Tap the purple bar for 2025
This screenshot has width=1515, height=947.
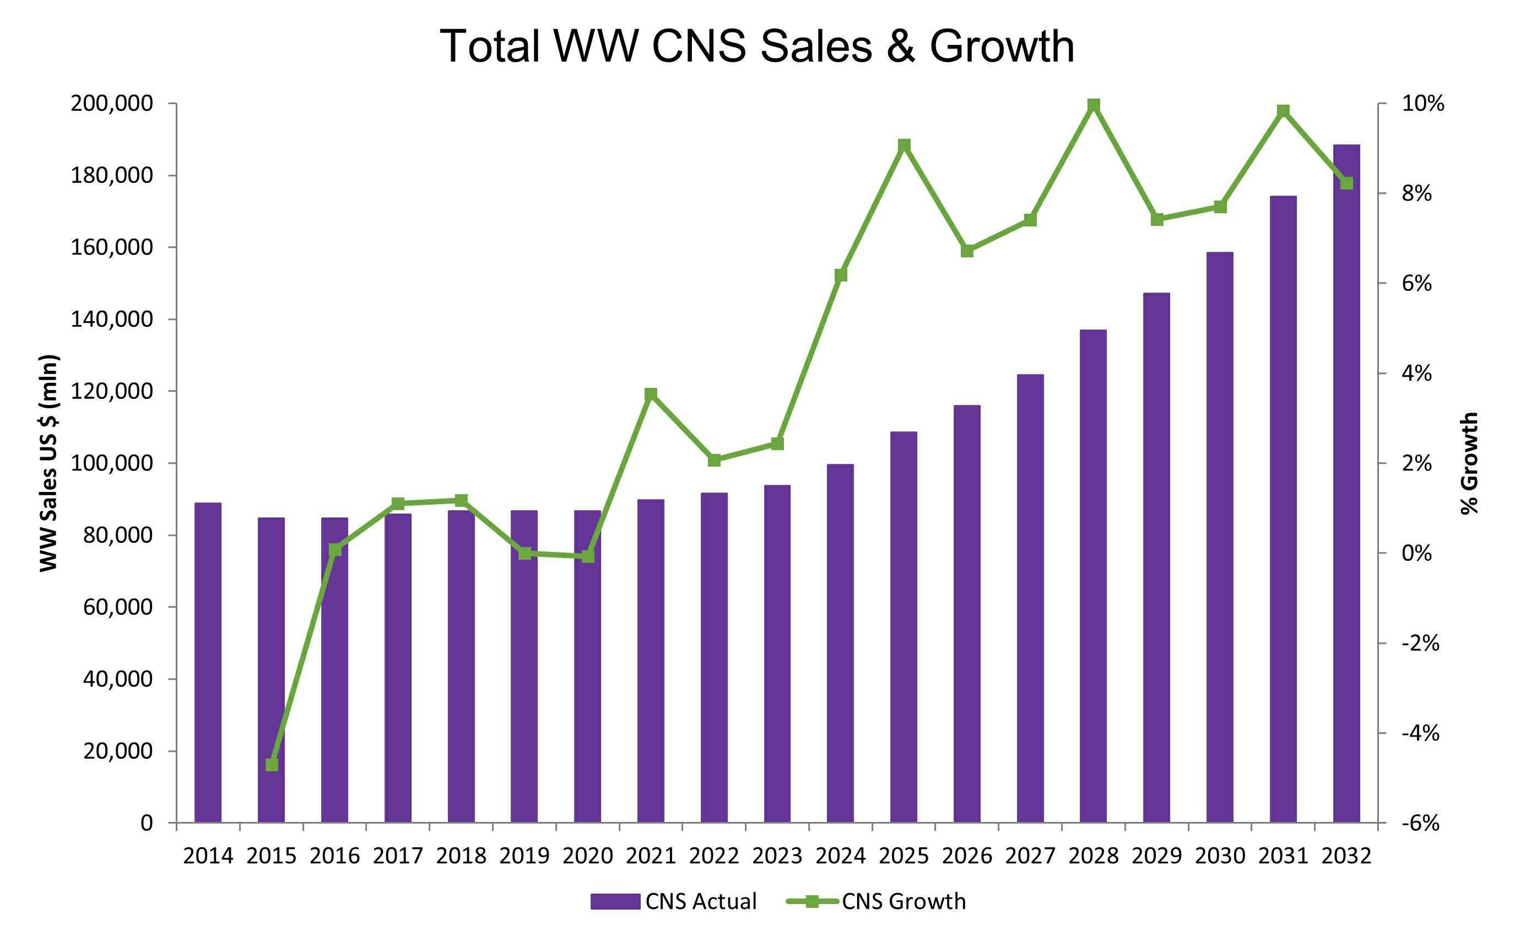click(x=903, y=626)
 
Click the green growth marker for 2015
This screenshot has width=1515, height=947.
click(x=272, y=765)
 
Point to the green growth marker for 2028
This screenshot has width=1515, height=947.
click(x=1094, y=105)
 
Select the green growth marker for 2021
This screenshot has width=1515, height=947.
click(x=651, y=394)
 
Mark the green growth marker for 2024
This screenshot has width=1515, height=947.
click(x=841, y=275)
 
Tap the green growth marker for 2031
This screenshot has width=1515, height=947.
click(x=1283, y=111)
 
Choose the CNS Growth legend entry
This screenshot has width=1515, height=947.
click(x=877, y=901)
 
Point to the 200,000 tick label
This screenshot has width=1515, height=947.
click(x=111, y=104)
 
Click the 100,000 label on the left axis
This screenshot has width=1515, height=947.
click(x=111, y=463)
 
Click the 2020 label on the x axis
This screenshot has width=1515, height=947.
click(x=587, y=856)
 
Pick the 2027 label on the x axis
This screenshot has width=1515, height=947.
click(x=1030, y=856)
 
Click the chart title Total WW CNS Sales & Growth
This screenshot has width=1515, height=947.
click(x=757, y=46)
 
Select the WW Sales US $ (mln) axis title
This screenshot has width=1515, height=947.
click(x=49, y=463)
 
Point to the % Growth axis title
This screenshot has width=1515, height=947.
click(x=1469, y=463)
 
